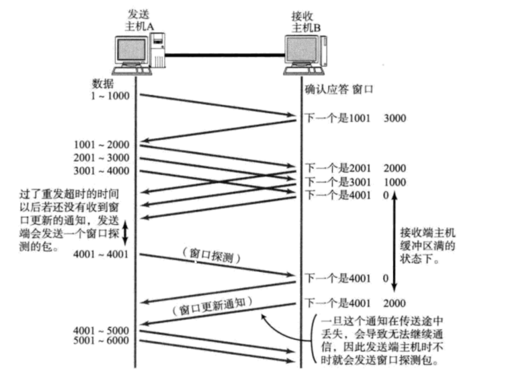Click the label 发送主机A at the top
click(x=140, y=20)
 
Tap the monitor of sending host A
click(x=131, y=52)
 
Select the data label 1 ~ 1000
click(x=110, y=96)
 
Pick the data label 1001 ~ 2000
click(x=103, y=145)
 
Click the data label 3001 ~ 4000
click(x=103, y=170)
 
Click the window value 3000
click(x=395, y=118)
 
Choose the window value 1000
click(x=395, y=182)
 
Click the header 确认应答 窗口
click(x=339, y=89)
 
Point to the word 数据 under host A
click(x=104, y=83)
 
